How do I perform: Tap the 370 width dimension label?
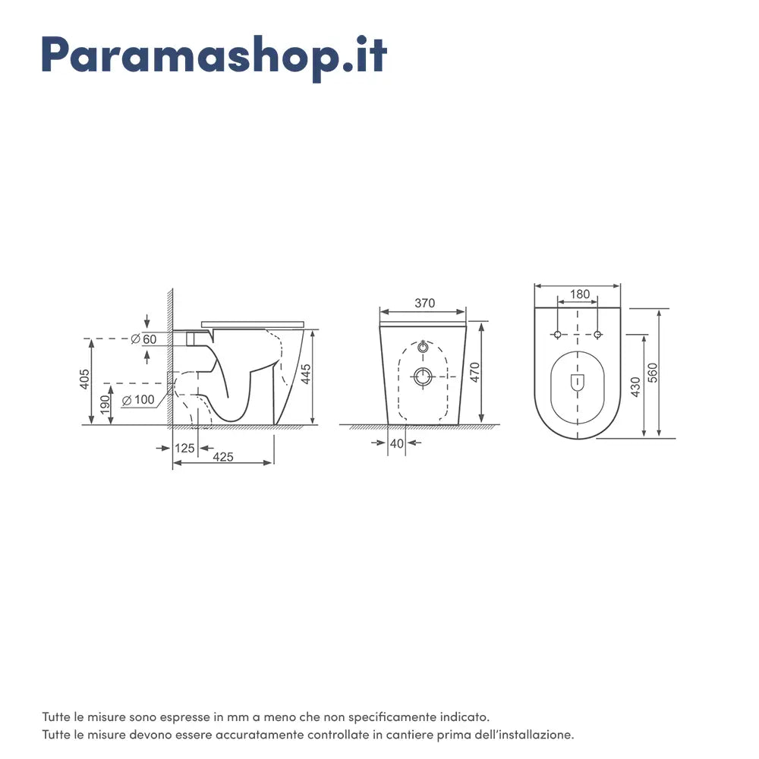pyautogui.click(x=424, y=303)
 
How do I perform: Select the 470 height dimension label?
pyautogui.click(x=474, y=372)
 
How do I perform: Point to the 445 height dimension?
pyautogui.click(x=306, y=374)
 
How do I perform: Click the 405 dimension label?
pyautogui.click(x=85, y=379)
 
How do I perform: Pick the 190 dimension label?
pyautogui.click(x=105, y=405)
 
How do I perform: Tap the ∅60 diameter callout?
pyautogui.click(x=143, y=339)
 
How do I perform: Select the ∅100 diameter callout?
pyautogui.click(x=138, y=400)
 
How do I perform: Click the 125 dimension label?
pyautogui.click(x=184, y=449)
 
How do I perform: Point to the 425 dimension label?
pyautogui.click(x=223, y=457)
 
